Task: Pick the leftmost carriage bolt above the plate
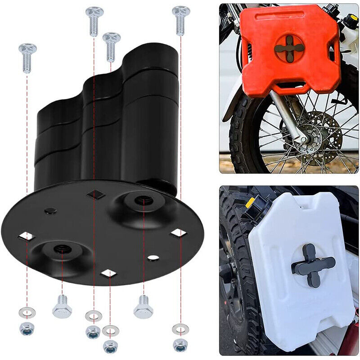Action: [27, 57]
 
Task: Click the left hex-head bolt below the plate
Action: [62, 308]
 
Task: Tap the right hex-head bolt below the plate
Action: [144, 307]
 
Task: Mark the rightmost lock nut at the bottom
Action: [180, 345]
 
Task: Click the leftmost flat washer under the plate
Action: [27, 312]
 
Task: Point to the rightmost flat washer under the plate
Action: [180, 329]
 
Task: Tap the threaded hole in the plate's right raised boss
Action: [143, 199]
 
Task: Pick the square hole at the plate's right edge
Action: [179, 233]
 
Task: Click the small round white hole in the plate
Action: [153, 258]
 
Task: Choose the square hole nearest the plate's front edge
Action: [108, 273]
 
